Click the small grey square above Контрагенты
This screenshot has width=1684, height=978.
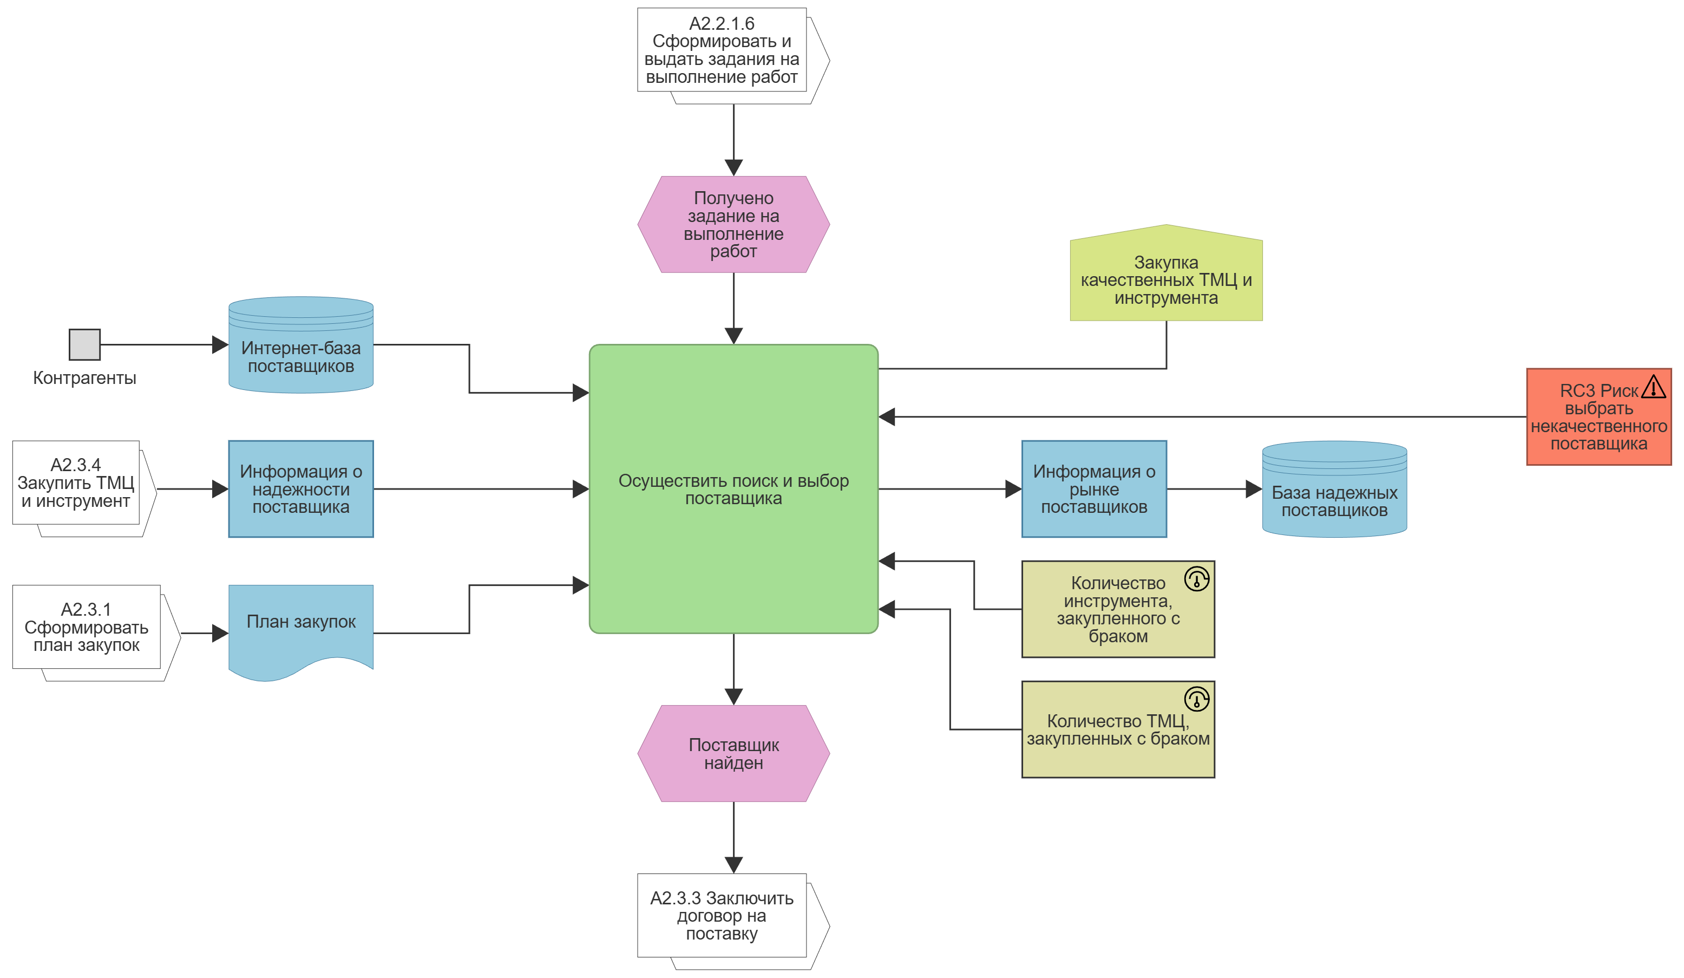coord(85,344)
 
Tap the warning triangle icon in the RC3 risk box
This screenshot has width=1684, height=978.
coord(1653,387)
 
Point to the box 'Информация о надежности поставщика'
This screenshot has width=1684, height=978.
coord(301,488)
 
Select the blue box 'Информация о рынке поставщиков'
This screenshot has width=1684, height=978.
coord(1093,488)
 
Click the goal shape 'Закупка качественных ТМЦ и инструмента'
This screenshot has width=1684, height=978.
coord(1165,277)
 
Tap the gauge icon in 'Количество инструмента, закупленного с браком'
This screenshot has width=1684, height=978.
coord(1196,579)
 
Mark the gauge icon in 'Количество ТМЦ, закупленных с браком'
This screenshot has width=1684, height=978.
coord(1196,699)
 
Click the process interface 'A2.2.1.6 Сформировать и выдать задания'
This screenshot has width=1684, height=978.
coord(722,51)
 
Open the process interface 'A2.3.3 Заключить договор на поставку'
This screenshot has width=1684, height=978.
coord(722,916)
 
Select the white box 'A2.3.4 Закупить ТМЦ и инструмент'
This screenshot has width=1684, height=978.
coord(76,483)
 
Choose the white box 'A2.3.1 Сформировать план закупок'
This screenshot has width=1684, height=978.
coord(87,627)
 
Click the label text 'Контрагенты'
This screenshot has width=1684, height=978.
coord(85,379)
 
